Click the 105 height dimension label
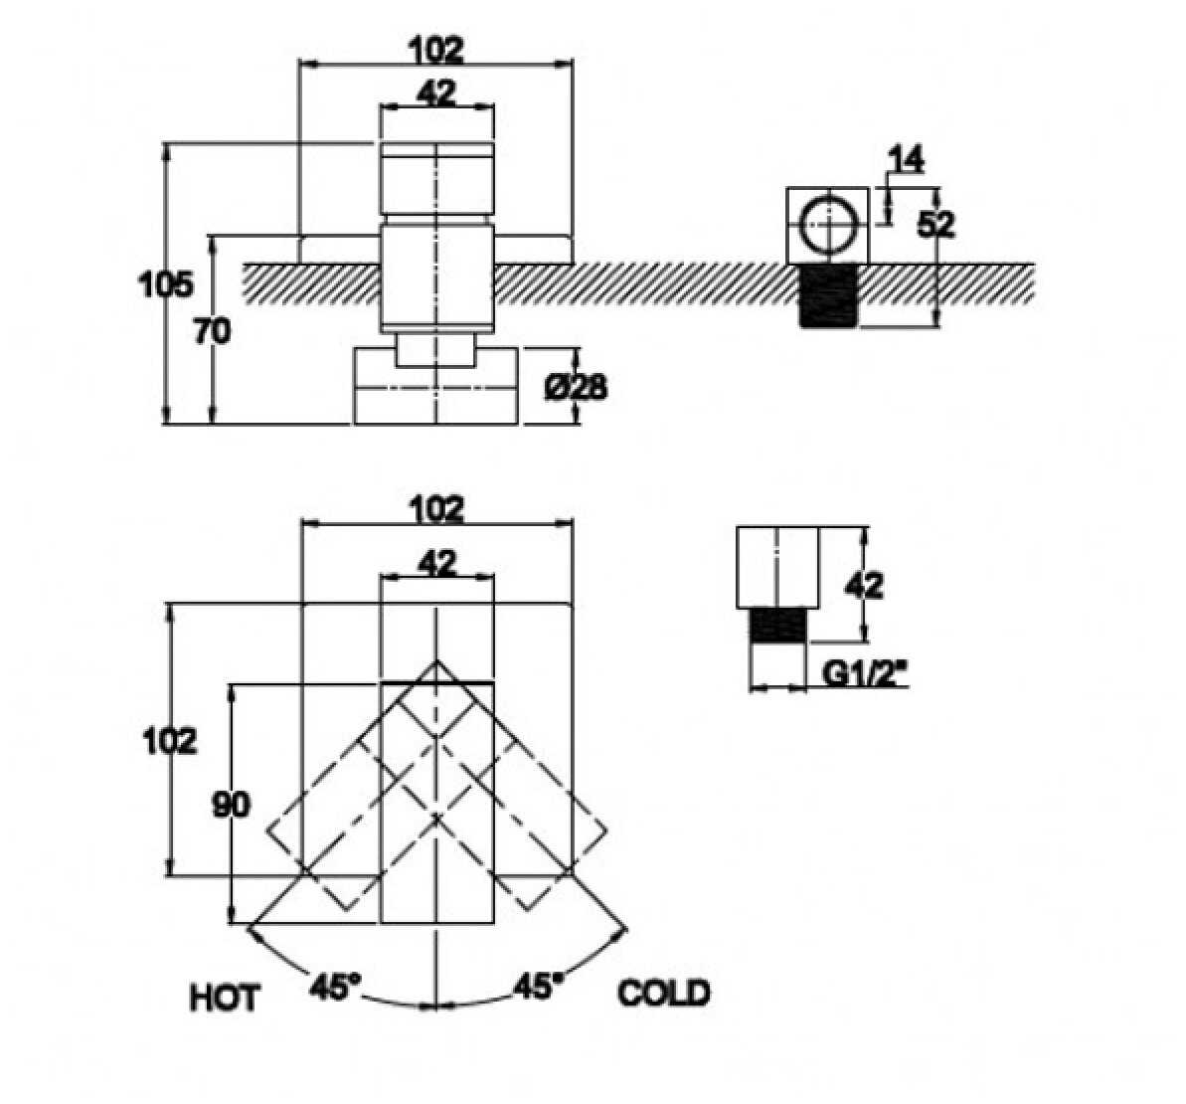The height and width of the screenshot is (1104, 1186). click(x=165, y=285)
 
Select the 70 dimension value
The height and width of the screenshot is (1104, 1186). click(x=211, y=332)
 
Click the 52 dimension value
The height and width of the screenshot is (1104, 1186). click(x=934, y=225)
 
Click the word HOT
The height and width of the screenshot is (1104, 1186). click(x=225, y=997)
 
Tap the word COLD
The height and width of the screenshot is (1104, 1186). click(x=664, y=993)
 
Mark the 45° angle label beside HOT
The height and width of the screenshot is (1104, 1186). click(x=335, y=987)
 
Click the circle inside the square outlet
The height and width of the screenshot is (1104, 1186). click(x=828, y=225)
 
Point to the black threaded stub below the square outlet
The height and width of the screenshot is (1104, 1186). click(x=828, y=295)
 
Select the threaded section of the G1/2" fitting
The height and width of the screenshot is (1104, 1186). click(x=778, y=627)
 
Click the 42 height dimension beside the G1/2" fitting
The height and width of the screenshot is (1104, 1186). click(x=865, y=585)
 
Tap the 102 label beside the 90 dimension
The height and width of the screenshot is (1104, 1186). click(x=169, y=741)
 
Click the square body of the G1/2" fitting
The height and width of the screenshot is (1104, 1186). click(x=777, y=568)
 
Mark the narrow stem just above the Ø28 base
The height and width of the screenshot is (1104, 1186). click(x=436, y=351)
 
